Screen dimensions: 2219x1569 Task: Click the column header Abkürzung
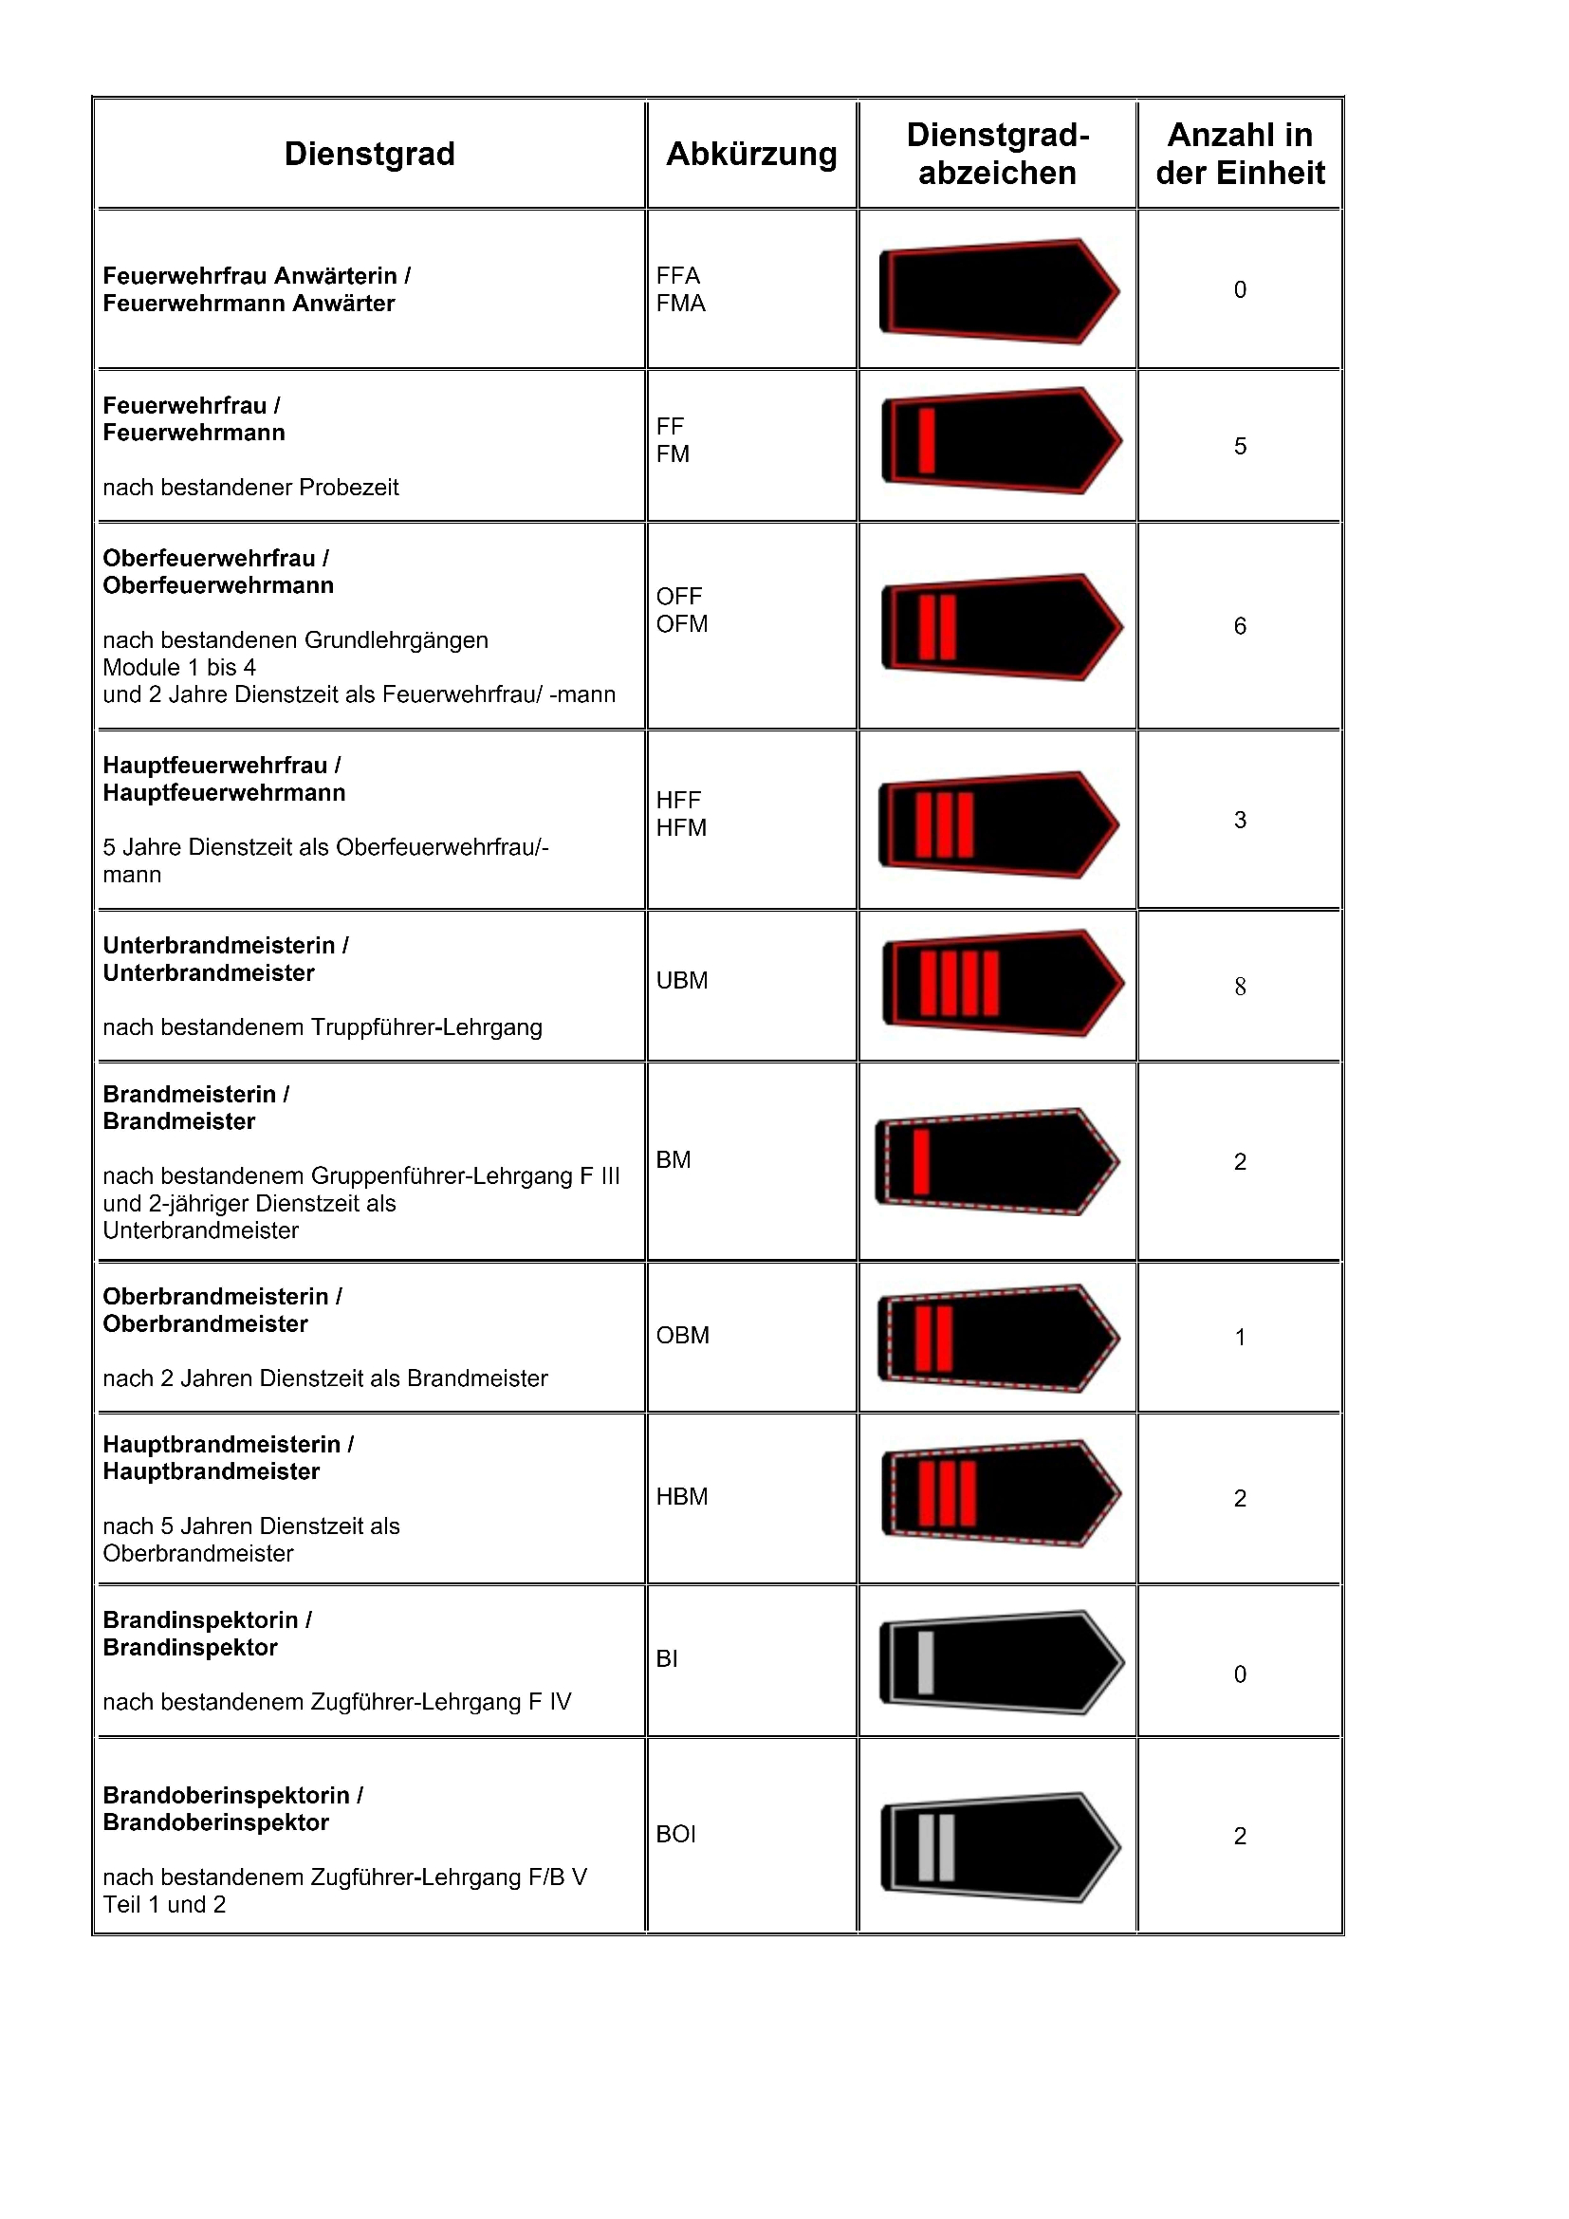(750, 154)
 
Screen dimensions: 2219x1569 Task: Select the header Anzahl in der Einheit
(1240, 154)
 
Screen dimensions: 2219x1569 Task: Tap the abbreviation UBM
(681, 980)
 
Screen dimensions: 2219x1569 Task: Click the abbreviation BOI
(675, 1834)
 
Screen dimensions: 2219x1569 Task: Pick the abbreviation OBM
(682, 1335)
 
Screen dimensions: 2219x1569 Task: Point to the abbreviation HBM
(681, 1496)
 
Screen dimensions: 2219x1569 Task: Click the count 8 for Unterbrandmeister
(1240, 986)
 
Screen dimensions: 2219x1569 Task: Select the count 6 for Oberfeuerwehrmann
(1240, 625)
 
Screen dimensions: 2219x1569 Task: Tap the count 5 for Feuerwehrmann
(1240, 446)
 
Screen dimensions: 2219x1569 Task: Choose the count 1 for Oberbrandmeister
(1240, 1337)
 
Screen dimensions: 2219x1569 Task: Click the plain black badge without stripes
(999, 290)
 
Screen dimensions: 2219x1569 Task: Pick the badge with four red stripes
(1002, 983)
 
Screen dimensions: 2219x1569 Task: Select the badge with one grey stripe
(1001, 1661)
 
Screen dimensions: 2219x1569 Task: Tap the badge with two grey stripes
(1000, 1846)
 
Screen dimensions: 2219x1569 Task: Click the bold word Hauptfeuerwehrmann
(224, 792)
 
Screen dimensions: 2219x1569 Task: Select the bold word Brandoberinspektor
(216, 1821)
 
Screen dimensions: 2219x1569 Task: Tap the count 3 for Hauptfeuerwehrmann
(1240, 820)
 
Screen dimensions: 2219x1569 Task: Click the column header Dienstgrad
(369, 154)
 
